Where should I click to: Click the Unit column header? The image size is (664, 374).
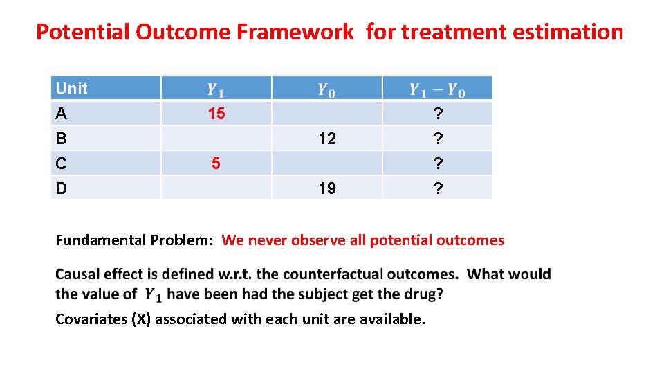72,89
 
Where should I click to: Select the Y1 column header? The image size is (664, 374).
216,89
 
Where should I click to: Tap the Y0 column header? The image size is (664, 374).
326,89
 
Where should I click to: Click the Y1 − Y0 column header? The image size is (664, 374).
437,89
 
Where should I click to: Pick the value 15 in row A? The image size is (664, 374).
216,114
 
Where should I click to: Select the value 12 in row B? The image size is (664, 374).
327,139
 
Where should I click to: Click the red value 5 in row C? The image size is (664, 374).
216,163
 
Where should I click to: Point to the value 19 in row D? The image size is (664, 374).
327,188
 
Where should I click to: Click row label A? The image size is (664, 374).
62,114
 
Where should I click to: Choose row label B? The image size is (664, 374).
62,139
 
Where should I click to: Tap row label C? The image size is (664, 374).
62,163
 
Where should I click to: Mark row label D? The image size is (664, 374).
62,188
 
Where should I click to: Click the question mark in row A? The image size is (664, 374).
437,114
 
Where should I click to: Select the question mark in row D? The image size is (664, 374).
437,188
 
